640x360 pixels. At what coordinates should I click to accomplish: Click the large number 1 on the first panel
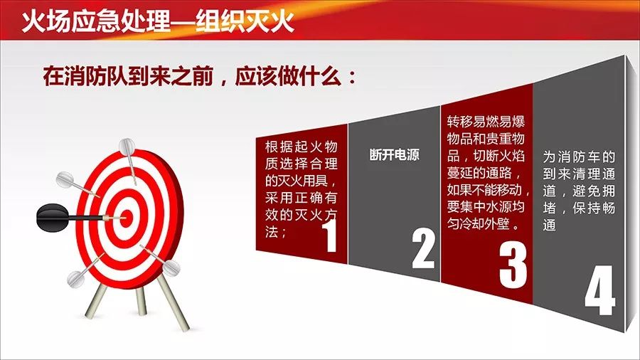click(330, 236)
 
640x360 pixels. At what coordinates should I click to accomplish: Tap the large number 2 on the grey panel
click(423, 250)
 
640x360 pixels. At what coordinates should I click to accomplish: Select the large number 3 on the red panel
click(513, 265)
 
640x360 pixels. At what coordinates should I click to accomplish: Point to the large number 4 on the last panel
click(599, 290)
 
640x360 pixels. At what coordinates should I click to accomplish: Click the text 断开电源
click(394, 154)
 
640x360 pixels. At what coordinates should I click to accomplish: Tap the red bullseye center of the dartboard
click(127, 217)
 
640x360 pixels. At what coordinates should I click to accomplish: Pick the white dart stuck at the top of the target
click(129, 160)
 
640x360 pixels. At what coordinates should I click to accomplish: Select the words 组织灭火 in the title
click(245, 21)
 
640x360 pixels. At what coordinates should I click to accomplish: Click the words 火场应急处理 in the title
click(95, 21)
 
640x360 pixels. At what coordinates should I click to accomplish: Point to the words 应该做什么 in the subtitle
click(288, 75)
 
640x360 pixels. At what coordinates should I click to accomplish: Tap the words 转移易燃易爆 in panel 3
click(486, 122)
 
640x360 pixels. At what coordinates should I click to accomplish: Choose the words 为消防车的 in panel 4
click(579, 157)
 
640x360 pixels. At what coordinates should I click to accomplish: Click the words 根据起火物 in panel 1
click(302, 147)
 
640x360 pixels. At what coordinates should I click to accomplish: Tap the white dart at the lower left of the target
click(85, 271)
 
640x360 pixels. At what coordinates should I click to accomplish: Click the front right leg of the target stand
click(173, 302)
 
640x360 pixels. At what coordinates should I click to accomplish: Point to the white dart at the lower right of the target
click(161, 260)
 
